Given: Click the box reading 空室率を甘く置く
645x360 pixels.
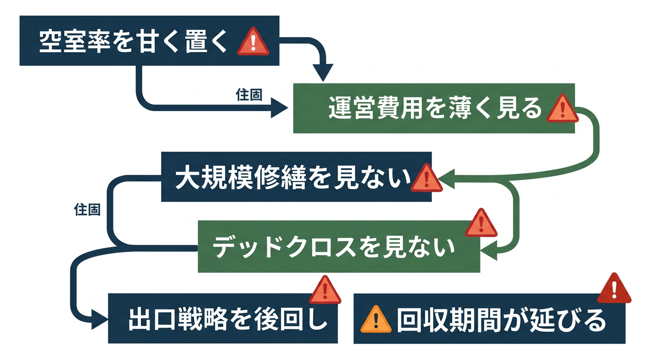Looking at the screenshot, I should pyautogui.click(x=149, y=41).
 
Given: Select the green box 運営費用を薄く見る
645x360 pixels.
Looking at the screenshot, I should pyautogui.click(x=434, y=108).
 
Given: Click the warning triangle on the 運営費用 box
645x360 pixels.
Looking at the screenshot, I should pyautogui.click(x=562, y=109).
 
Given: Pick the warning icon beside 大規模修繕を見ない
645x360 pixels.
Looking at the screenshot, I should pyautogui.click(x=426, y=179).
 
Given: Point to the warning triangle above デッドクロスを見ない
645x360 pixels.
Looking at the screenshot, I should pyautogui.click(x=481, y=224).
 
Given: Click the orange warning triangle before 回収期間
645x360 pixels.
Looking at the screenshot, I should pyautogui.click(x=375, y=320).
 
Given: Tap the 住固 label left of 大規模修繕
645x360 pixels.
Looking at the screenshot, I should pyautogui.click(x=88, y=210).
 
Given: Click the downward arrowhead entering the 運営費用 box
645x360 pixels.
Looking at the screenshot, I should pyautogui.click(x=323, y=74).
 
